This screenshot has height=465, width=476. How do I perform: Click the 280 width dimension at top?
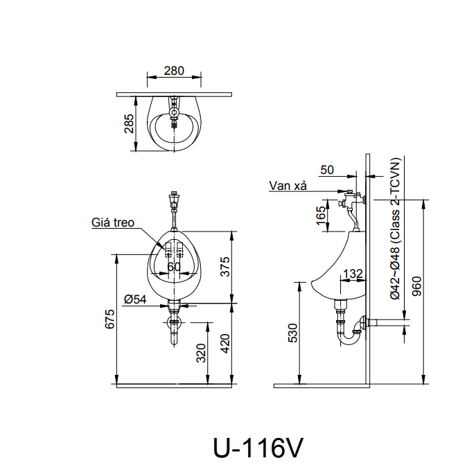coord(175,70)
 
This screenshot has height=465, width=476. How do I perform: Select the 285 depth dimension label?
coord(129,123)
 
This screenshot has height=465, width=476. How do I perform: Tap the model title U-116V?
coord(258,446)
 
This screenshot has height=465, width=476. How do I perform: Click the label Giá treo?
coord(113,223)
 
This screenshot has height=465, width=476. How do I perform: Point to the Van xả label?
coord(289,186)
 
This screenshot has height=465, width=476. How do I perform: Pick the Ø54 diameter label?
coord(135,299)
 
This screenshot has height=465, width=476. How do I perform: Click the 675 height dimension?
coord(109,319)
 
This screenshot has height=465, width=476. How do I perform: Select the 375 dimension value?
coord(226,266)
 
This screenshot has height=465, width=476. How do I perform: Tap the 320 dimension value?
coord(201,353)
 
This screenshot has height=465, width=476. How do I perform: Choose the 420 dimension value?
coord(226,342)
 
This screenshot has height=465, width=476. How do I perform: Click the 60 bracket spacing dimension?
coord(174,266)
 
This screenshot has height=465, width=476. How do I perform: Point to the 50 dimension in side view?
coord(327,170)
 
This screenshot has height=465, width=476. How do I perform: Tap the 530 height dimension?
coord(293,333)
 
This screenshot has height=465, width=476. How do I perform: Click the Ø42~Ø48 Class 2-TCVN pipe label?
coord(394,229)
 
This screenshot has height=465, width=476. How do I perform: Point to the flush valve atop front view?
coord(174,203)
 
